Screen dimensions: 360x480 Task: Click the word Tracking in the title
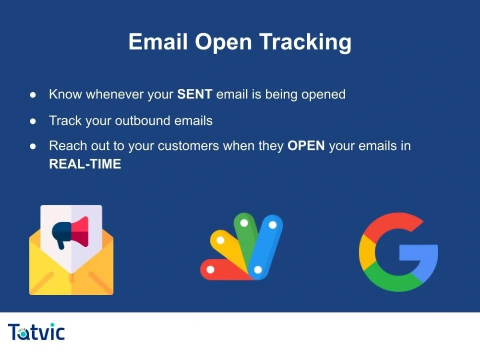305,42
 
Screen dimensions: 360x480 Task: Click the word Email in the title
158,42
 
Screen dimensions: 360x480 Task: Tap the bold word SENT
194,94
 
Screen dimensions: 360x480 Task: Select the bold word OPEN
306,146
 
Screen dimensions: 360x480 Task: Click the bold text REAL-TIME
85,164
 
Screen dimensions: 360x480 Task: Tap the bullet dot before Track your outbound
33,121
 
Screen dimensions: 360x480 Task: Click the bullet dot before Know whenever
33,95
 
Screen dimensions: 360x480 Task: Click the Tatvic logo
36,332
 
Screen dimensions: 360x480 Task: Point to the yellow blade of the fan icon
229,248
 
